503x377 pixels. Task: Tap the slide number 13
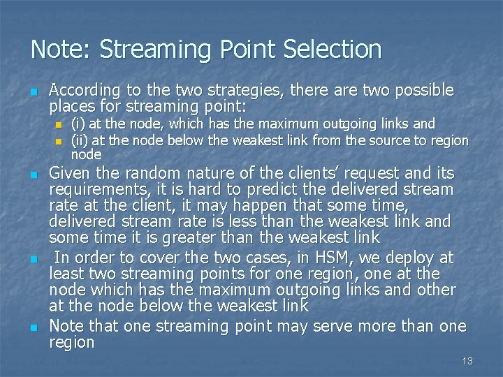click(467, 361)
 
